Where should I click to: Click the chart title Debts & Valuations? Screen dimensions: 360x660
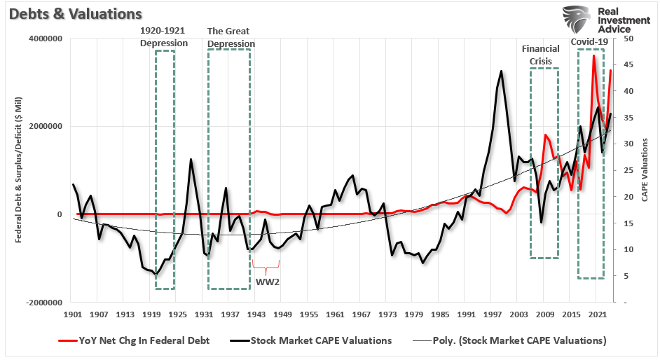[72, 13]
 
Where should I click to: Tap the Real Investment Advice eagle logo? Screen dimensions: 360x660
[577, 20]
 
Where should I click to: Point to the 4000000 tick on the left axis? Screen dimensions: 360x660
[43, 39]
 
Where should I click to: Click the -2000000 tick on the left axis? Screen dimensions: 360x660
[41, 303]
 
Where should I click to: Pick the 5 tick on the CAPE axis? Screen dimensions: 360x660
[626, 276]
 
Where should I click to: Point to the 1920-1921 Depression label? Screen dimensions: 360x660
[164, 37]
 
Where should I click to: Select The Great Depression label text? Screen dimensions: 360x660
[231, 37]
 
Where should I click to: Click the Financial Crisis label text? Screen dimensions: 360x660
[540, 55]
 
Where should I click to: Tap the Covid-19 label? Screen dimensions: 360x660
[589, 42]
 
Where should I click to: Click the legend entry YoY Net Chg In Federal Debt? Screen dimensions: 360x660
[140, 340]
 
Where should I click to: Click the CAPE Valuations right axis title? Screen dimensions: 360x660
[645, 170]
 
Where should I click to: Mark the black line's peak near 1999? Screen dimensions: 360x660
[501, 71]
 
